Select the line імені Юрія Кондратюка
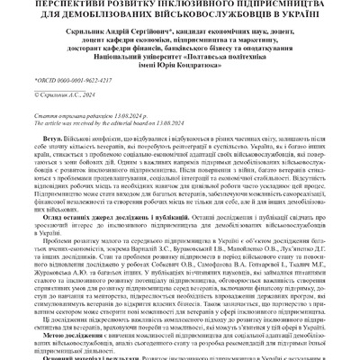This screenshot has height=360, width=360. pyautogui.click(x=180, y=75)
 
